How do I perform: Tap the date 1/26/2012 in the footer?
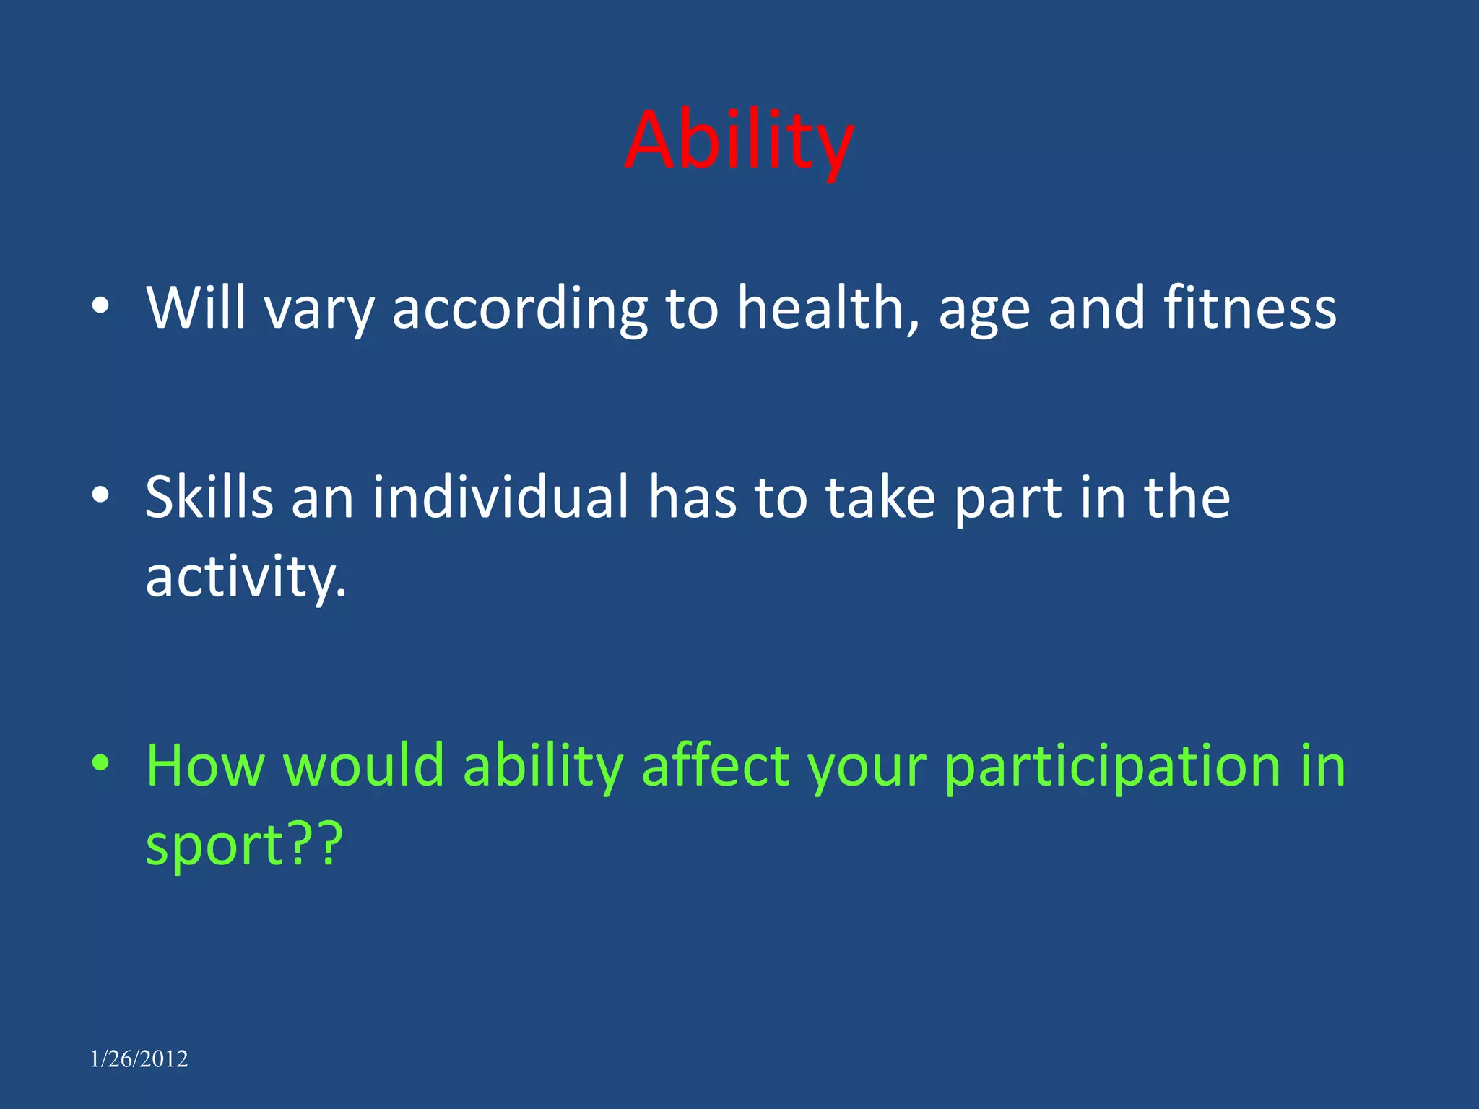click(x=139, y=1059)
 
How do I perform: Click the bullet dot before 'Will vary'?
click(x=100, y=308)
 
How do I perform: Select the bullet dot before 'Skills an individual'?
click(x=100, y=496)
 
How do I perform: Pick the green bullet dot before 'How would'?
click(x=100, y=764)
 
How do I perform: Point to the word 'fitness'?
click(x=1249, y=308)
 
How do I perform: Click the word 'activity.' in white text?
click(x=246, y=578)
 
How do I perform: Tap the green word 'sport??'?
click(x=244, y=845)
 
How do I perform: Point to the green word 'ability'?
click(x=542, y=767)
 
